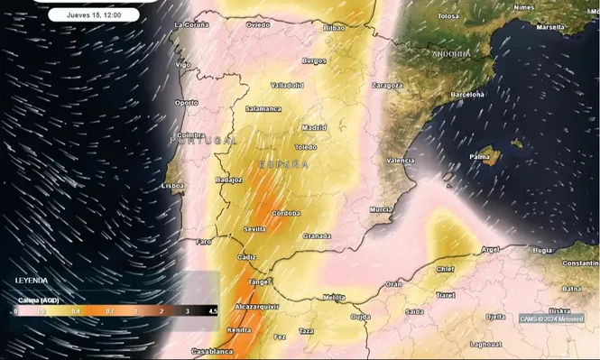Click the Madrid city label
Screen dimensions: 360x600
coord(315,127)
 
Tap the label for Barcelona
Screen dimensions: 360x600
coord(468,94)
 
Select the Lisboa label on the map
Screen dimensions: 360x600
coord(172,186)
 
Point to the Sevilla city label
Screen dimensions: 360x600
coord(254,230)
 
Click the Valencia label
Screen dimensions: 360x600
coord(400,161)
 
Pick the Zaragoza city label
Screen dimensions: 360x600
coord(387,85)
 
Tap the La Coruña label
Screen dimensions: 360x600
coord(191,24)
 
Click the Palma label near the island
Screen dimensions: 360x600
coord(480,157)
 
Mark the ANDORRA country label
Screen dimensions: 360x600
coord(450,54)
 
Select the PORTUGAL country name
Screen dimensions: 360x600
coord(202,142)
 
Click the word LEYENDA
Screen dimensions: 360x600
coord(32,281)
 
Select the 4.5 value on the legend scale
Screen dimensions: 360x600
coord(213,310)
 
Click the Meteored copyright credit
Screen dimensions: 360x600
coord(551,318)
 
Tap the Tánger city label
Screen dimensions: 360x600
coord(259,282)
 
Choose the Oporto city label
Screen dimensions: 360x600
coord(186,102)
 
